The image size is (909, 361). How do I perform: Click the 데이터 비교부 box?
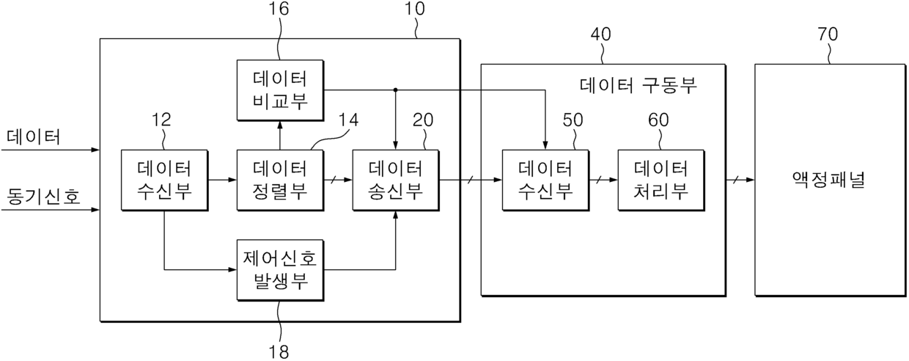[280, 90]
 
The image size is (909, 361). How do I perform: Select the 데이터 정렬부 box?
[280, 180]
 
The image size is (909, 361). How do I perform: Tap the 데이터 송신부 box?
[396, 180]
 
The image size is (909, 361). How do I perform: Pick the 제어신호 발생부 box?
[280, 270]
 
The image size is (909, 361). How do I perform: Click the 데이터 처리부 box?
[661, 180]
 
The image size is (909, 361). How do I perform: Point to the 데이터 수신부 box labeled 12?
[164, 180]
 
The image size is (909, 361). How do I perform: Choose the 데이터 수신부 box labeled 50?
[545, 180]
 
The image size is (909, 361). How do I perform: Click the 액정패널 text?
[828, 180]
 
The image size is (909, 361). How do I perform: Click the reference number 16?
[279, 9]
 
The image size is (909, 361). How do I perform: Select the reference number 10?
[415, 9]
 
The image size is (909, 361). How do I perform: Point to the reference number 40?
[600, 34]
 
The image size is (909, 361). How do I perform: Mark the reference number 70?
[828, 34]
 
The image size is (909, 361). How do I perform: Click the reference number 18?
[279, 351]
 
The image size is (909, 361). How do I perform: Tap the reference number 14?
[349, 120]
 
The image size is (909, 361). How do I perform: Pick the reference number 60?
[658, 120]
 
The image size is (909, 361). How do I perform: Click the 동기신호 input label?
[43, 197]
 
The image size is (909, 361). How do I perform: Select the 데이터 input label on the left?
[34, 137]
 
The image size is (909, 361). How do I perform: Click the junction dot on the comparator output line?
[396, 90]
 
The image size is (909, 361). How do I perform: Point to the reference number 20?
[423, 120]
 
